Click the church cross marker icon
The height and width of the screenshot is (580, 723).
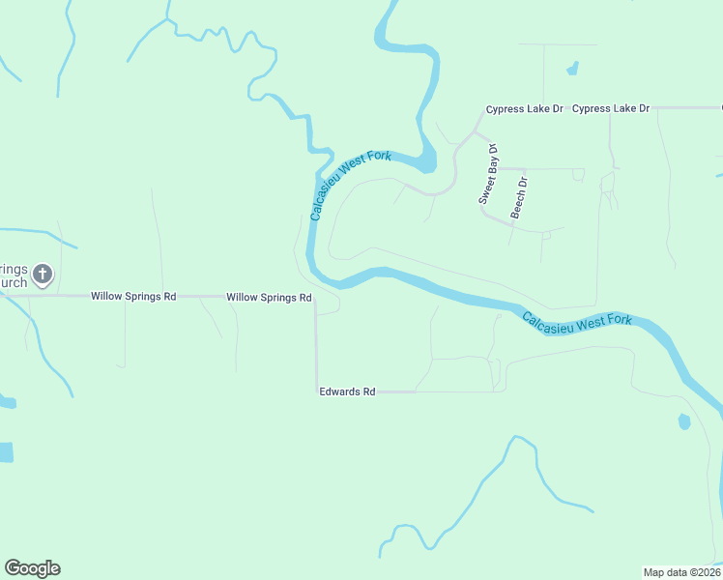42,275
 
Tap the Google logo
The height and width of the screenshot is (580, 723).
32,568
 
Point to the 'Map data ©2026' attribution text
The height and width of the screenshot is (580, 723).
681,571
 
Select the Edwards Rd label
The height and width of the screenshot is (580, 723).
347,391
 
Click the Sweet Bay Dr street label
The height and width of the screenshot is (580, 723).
488,173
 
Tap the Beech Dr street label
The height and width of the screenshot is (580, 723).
519,196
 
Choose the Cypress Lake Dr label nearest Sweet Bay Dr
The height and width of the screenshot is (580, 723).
524,109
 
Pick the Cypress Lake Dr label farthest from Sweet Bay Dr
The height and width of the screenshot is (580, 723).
611,109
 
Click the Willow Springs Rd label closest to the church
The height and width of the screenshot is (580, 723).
133,296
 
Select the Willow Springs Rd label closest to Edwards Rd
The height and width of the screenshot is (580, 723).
269,298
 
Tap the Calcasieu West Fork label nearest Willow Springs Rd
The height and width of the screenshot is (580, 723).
349,184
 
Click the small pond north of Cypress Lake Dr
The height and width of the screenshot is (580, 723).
572,70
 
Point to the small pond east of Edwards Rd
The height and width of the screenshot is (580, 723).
684,421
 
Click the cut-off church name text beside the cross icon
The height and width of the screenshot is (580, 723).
14,275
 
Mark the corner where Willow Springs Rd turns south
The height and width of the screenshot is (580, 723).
315,299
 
